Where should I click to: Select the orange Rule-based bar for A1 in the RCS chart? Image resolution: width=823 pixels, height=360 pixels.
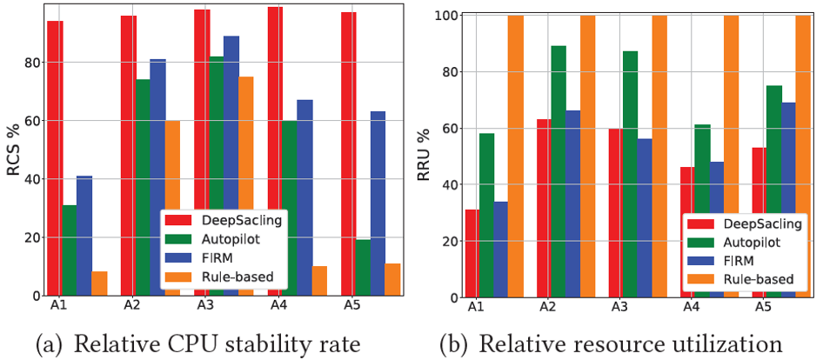click(99, 283)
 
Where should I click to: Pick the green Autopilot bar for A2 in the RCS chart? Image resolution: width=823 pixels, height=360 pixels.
click(143, 188)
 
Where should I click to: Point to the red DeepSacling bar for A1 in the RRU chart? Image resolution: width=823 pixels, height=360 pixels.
click(472, 253)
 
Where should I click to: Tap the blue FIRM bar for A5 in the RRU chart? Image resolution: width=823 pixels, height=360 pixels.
click(789, 200)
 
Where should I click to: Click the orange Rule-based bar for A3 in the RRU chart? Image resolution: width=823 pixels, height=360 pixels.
click(659, 157)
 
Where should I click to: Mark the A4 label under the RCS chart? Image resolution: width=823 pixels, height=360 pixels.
click(274, 307)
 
